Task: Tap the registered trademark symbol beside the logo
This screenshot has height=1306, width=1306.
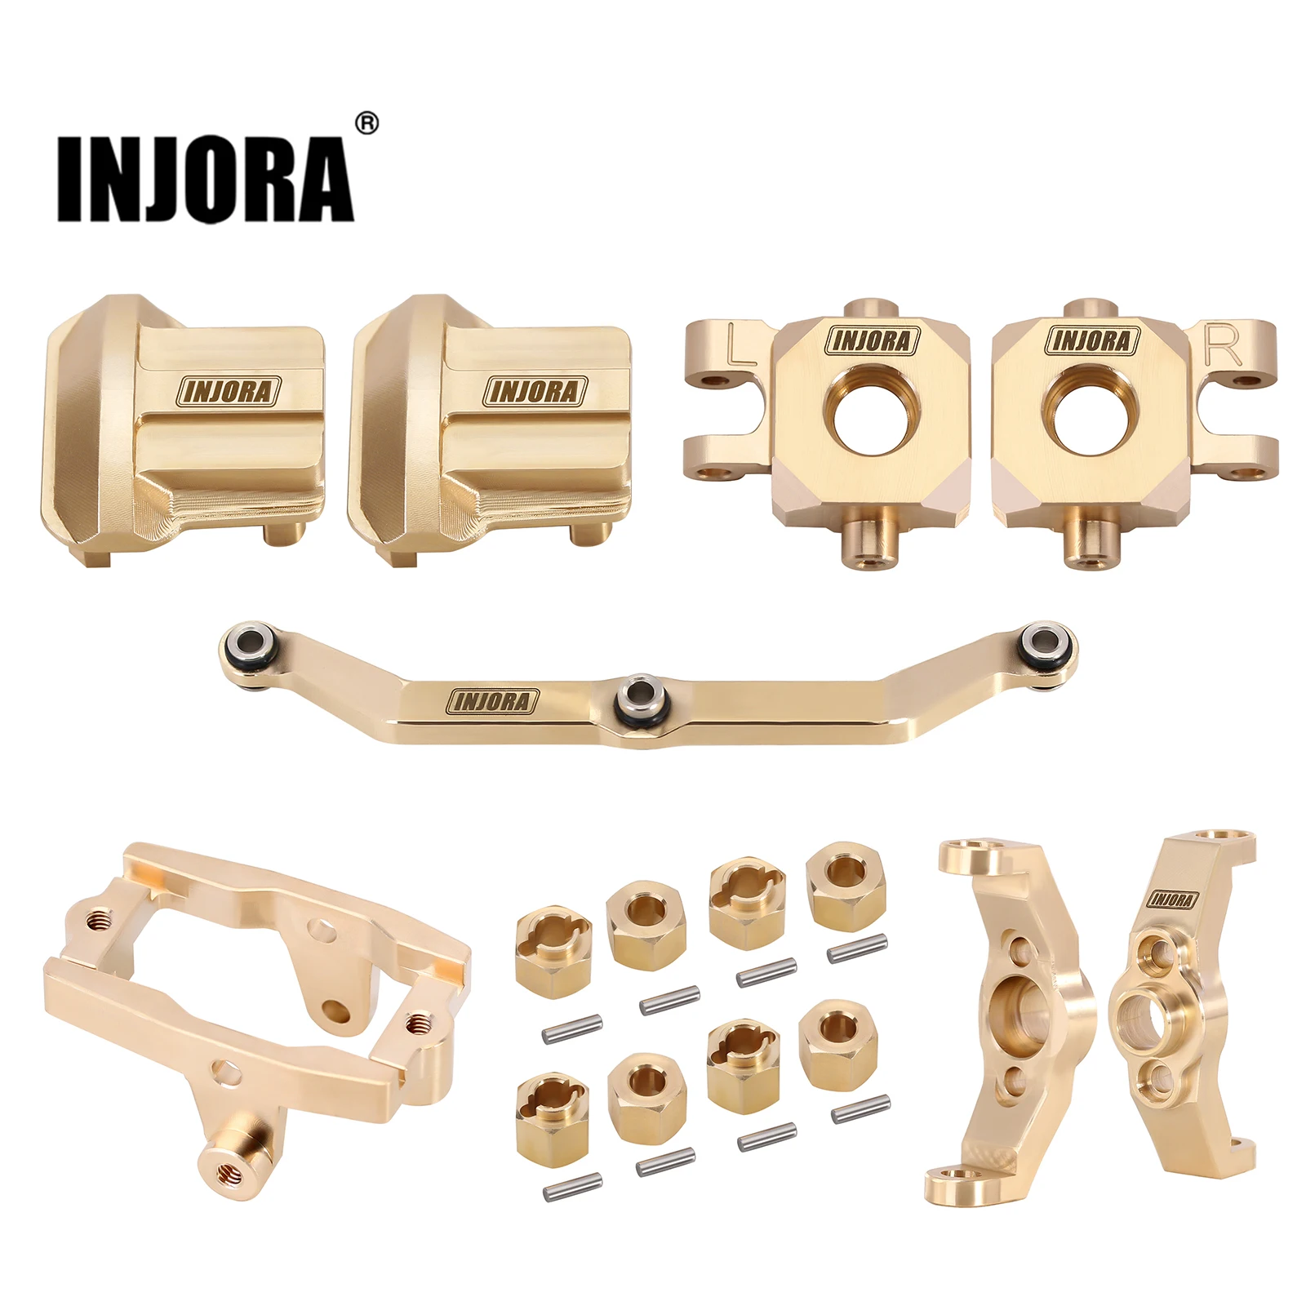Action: click(x=368, y=122)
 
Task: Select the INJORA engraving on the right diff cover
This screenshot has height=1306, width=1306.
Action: click(x=535, y=392)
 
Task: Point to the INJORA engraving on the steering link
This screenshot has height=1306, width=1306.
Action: click(x=493, y=701)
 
